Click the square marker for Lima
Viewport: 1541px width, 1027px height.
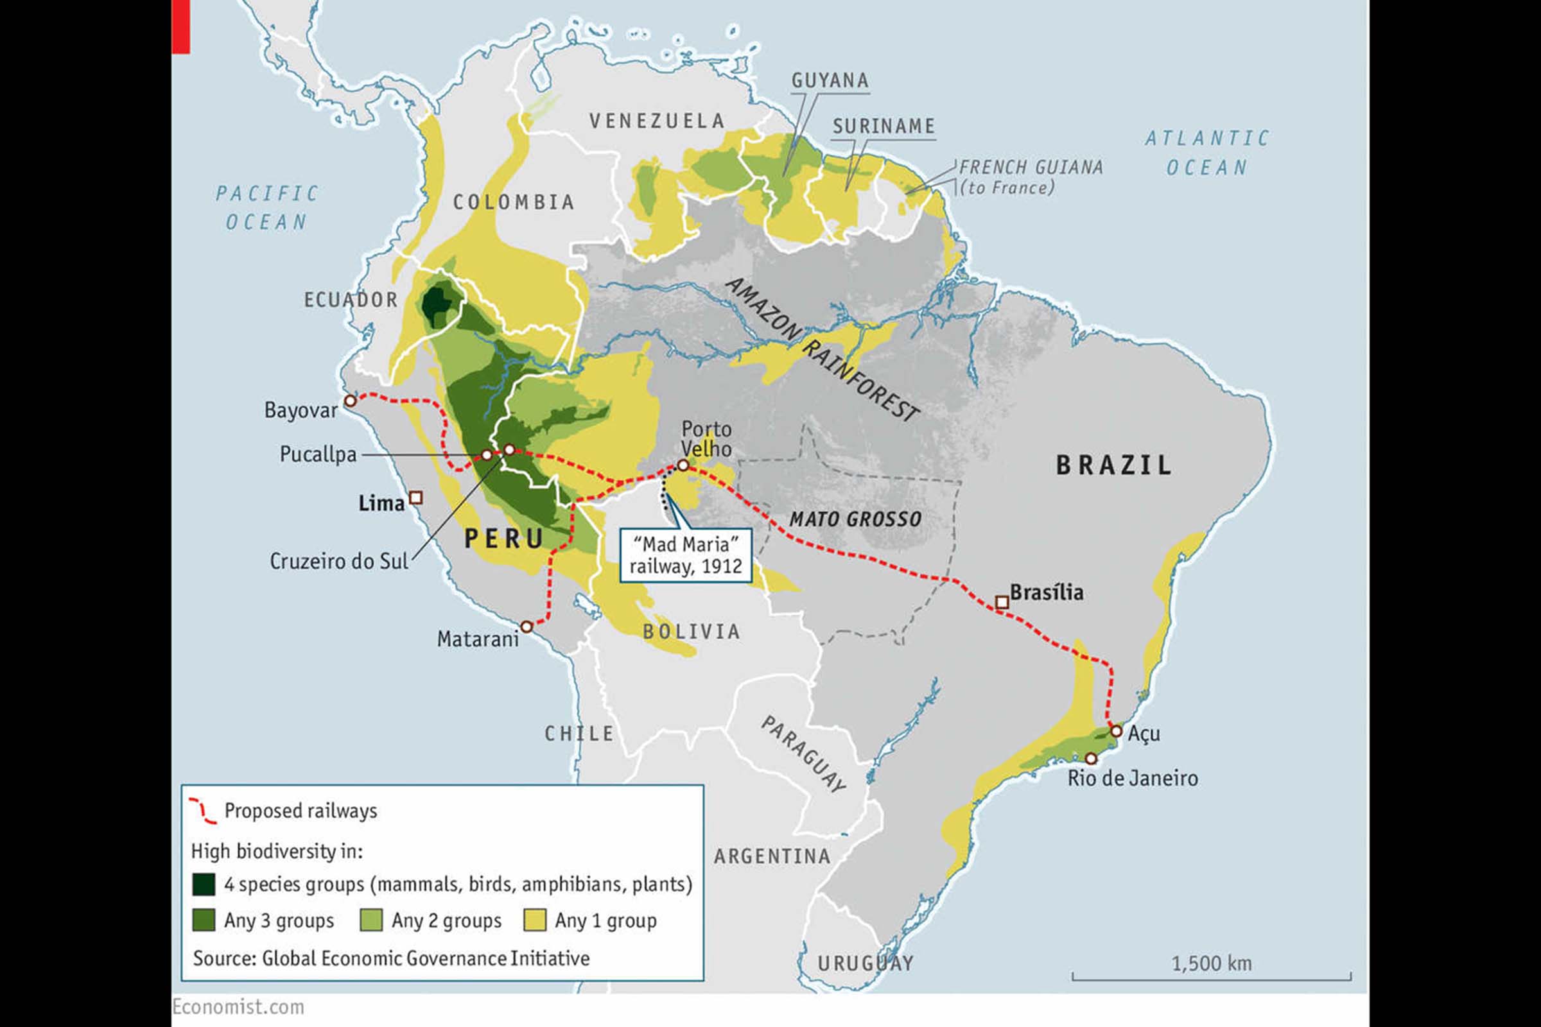click(x=415, y=498)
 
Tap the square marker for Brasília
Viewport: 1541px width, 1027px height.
click(x=1001, y=602)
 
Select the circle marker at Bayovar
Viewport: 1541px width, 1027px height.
click(x=351, y=400)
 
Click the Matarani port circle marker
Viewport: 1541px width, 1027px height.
click(x=526, y=627)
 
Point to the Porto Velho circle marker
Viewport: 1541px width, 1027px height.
click(x=683, y=464)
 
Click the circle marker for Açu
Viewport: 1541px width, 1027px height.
click(x=1117, y=731)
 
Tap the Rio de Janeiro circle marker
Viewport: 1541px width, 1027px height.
click(x=1091, y=759)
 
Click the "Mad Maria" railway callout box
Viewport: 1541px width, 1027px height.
click(x=685, y=555)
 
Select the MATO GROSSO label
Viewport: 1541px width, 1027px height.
click(x=855, y=519)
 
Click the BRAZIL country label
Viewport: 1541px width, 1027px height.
click(x=1114, y=465)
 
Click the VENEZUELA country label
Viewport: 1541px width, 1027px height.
click(x=657, y=121)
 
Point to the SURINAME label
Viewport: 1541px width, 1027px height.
click(x=884, y=126)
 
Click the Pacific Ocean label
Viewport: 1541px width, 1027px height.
click(x=266, y=207)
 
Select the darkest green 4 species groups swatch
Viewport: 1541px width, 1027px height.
click(x=204, y=885)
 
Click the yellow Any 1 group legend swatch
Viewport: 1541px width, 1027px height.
click(x=535, y=920)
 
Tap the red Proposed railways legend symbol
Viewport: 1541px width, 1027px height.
click(x=202, y=811)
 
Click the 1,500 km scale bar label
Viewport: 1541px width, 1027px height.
click(x=1212, y=963)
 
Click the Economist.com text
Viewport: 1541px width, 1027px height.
click(x=238, y=1006)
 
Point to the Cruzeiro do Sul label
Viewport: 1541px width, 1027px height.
click(x=339, y=561)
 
